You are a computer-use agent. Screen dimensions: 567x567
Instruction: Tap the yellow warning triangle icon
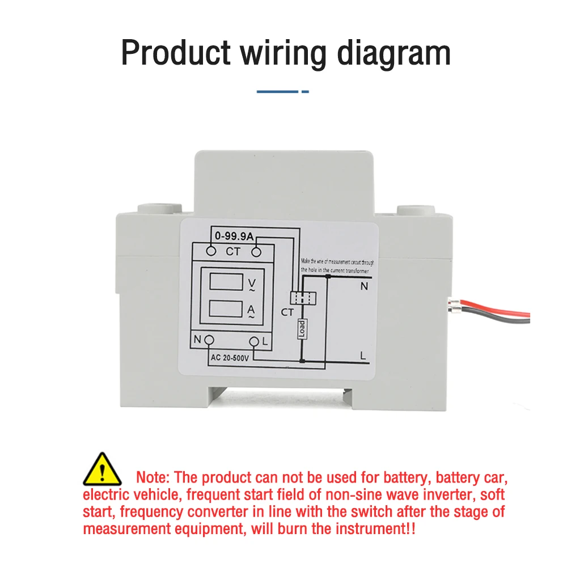102,469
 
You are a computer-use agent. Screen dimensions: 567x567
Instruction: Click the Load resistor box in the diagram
302,328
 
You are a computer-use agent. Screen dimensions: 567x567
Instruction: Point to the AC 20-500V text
230,357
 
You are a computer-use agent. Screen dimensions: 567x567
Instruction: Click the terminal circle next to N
209,340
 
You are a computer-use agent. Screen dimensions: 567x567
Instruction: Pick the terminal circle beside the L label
253,341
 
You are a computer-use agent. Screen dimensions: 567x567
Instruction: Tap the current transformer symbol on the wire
301,297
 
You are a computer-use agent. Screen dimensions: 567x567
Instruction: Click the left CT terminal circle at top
211,251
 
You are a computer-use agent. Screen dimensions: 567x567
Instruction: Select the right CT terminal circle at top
256,251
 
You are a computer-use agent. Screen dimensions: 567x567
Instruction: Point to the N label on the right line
363,287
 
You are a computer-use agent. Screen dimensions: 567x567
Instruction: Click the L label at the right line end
363,356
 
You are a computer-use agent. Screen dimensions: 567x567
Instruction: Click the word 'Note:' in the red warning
153,477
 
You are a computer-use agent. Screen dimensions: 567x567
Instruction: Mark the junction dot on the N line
328,276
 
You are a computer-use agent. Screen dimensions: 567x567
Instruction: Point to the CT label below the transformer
287,312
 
